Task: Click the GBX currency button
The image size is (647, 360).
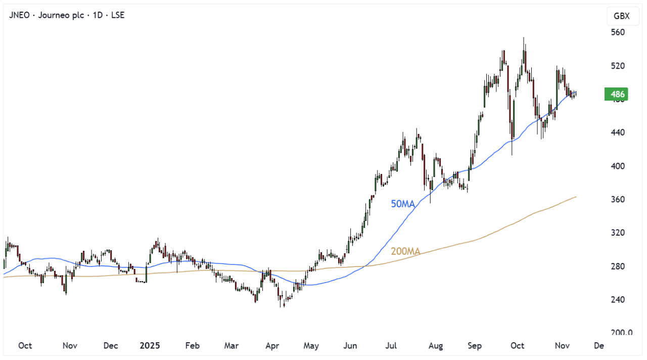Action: (x=621, y=16)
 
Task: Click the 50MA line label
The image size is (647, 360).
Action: (x=403, y=204)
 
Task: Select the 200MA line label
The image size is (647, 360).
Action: (x=405, y=251)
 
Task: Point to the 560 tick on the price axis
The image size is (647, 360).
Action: (x=618, y=32)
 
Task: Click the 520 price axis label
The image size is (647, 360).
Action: (x=618, y=66)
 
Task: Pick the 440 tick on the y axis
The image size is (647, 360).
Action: (x=618, y=132)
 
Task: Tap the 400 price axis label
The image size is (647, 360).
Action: (x=618, y=166)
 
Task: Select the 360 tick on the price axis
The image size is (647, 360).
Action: (x=618, y=199)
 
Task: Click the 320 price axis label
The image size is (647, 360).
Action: (x=618, y=233)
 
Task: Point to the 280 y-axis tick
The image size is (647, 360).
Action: (x=618, y=266)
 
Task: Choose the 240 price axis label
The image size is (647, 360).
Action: (x=618, y=299)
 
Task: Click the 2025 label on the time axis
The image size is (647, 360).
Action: (x=150, y=346)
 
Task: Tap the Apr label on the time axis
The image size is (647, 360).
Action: (x=272, y=346)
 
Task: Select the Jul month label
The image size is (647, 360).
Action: (x=391, y=346)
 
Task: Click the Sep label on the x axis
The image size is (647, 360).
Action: (x=475, y=346)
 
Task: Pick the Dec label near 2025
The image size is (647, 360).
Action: (x=110, y=346)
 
